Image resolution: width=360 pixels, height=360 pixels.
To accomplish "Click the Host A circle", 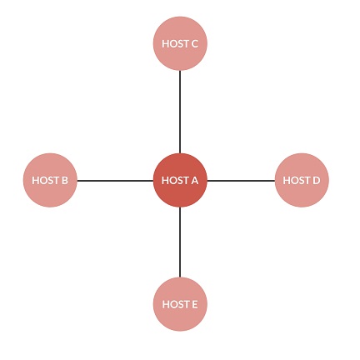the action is click(x=180, y=180).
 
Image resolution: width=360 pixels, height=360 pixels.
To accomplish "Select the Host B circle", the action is click(x=50, y=180).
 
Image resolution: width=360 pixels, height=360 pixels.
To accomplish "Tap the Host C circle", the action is click(x=180, y=43).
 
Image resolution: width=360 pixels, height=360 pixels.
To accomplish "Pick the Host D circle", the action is click(x=302, y=180).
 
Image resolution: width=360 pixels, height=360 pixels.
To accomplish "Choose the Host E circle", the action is click(x=180, y=304).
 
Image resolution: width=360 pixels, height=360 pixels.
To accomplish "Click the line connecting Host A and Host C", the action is click(x=180, y=112).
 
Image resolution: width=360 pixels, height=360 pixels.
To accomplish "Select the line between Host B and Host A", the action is click(x=115, y=181).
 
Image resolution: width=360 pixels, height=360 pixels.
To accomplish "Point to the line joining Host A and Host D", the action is click(x=241, y=181).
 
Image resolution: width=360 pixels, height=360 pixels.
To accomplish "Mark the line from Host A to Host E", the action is click(x=180, y=242).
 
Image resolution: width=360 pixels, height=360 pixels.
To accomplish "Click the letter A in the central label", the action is click(x=194, y=181).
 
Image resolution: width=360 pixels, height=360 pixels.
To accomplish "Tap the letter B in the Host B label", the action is click(x=64, y=181).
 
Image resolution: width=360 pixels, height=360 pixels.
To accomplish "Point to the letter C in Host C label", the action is click(x=194, y=44).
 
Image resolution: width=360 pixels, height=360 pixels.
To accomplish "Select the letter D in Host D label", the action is click(x=316, y=181).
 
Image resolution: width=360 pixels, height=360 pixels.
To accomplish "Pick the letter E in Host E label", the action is click(x=194, y=304).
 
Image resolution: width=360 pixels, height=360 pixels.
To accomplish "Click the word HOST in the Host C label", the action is click(x=175, y=44).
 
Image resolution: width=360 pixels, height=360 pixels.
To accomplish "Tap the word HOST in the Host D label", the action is click(x=296, y=181).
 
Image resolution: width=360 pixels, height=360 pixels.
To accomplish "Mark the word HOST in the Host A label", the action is click(x=175, y=181).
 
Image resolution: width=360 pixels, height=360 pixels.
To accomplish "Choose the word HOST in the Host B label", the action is click(x=45, y=181).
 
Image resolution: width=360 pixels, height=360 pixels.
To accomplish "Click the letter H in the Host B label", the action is click(x=36, y=181).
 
